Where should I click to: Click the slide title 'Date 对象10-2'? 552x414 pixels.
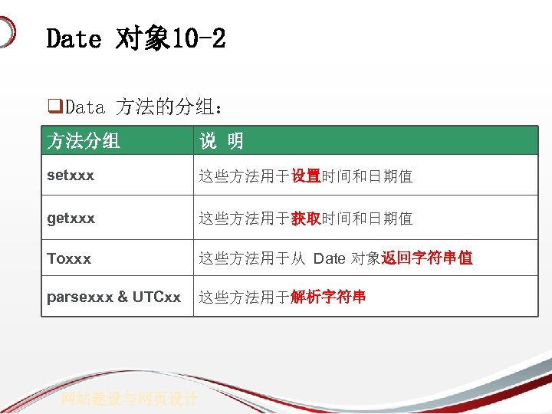click(x=136, y=38)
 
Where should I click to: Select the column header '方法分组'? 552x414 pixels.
click(x=84, y=141)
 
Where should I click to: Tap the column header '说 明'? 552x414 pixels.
click(x=222, y=141)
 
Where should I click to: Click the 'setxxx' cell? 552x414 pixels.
click(x=71, y=175)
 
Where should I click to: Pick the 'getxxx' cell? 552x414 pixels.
click(x=71, y=218)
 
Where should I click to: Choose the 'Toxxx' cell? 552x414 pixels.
click(x=69, y=258)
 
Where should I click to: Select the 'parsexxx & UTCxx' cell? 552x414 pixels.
click(x=114, y=296)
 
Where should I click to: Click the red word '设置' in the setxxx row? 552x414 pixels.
click(x=306, y=176)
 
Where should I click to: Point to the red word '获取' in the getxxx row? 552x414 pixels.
click(x=306, y=219)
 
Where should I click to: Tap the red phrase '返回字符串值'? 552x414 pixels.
click(x=427, y=258)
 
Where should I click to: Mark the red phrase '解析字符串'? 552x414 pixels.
click(x=328, y=297)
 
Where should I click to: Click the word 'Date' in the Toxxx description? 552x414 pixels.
click(x=330, y=258)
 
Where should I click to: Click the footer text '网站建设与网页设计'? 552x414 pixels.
click(x=130, y=399)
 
